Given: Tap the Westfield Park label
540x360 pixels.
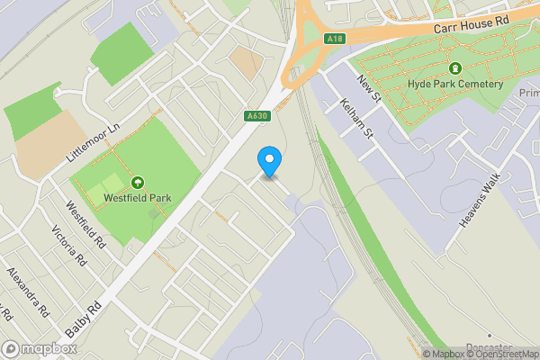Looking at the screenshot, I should tap(137, 197).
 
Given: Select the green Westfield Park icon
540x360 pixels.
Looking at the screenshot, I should tap(137, 182).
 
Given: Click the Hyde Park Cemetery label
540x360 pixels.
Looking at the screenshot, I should tap(454, 84).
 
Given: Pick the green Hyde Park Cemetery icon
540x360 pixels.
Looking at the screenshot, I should tap(455, 67).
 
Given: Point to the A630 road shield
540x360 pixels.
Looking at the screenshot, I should tap(256, 115).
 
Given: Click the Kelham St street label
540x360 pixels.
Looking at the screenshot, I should tap(358, 121).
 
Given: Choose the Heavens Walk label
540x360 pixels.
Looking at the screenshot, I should tap(479, 201).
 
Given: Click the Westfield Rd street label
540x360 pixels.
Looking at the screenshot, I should tap(88, 231).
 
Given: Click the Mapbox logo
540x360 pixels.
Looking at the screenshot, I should tap(38, 348).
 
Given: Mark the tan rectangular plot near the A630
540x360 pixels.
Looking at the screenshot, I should tap(245, 61).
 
